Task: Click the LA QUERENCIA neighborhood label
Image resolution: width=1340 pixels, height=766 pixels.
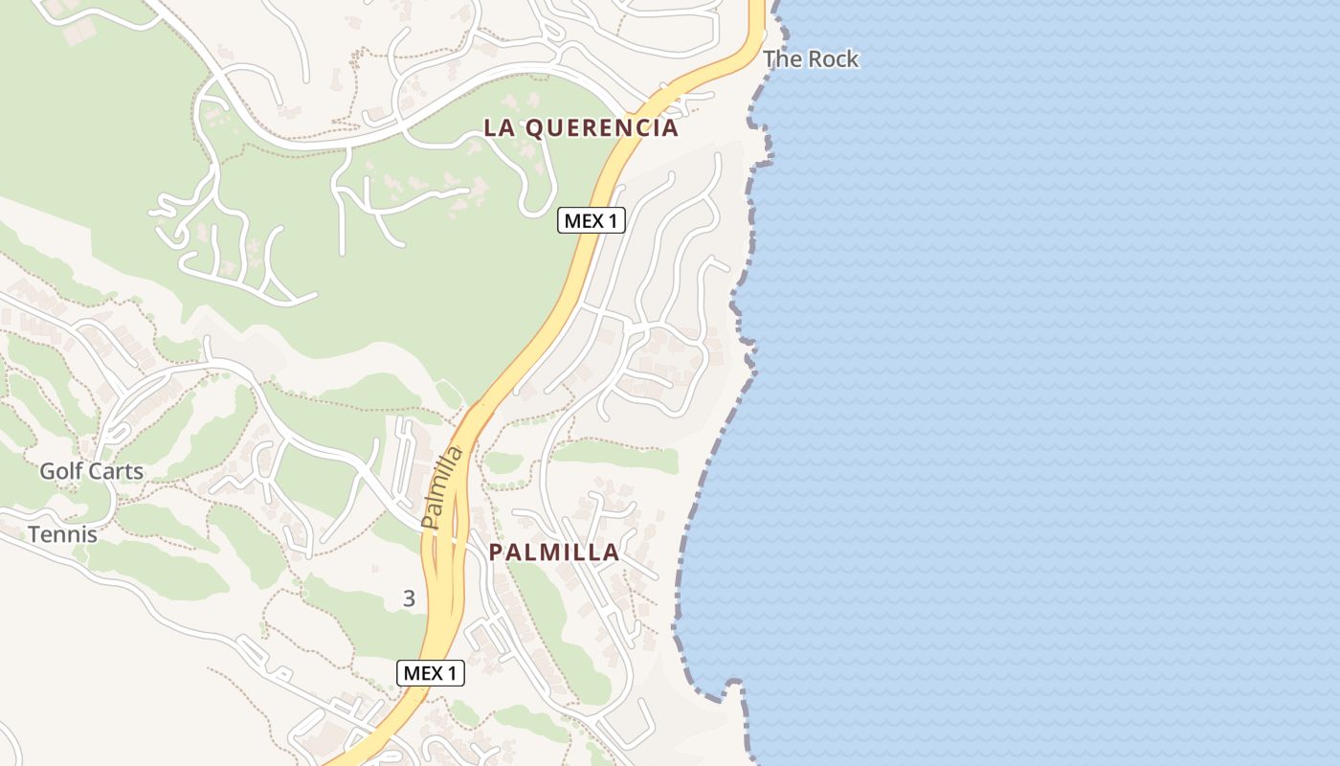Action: (x=581, y=127)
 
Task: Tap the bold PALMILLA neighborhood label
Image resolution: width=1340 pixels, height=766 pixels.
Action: (x=554, y=552)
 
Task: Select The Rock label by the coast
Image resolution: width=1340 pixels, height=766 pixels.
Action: (x=811, y=59)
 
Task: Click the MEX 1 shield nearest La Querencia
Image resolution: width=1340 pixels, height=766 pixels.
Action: (x=592, y=221)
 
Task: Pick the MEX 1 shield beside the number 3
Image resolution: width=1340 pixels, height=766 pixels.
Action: (x=431, y=673)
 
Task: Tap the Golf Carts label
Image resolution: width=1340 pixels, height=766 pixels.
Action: (x=91, y=471)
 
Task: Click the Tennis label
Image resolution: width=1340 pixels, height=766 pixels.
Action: (x=62, y=534)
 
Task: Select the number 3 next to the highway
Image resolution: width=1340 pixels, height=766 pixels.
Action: (x=410, y=599)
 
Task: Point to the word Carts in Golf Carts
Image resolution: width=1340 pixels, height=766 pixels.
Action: (x=115, y=471)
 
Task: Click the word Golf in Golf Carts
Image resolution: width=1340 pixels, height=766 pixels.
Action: (x=60, y=471)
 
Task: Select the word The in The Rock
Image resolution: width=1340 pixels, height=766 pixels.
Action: (x=781, y=59)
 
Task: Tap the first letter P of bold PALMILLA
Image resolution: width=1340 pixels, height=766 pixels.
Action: (x=496, y=552)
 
